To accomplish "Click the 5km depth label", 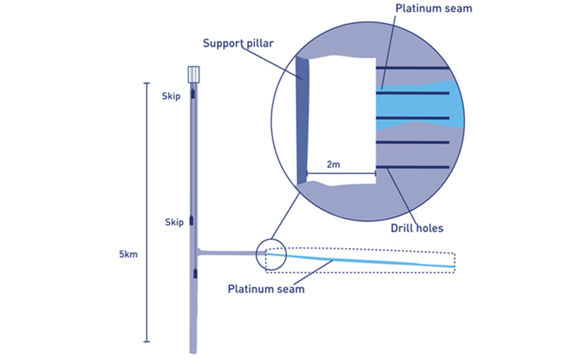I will [x=129, y=254].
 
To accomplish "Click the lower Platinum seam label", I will [x=266, y=288].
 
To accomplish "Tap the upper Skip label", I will [x=172, y=96].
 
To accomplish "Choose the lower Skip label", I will [x=173, y=222].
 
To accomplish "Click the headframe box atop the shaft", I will [x=193, y=74].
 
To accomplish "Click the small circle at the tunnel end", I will [x=268, y=255].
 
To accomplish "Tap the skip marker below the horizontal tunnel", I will [x=195, y=275].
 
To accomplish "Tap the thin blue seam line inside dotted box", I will [x=361, y=262].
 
